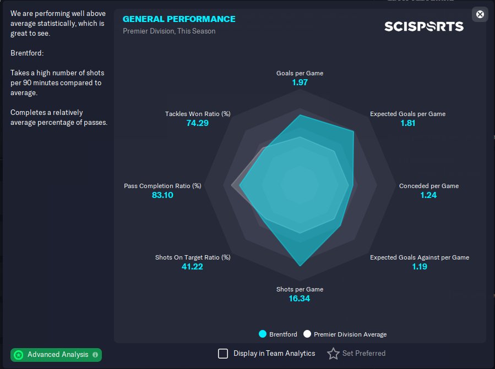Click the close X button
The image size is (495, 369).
click(480, 14)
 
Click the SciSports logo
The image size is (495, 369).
click(423, 26)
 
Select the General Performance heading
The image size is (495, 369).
click(179, 19)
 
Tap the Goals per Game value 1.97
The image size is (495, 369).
click(300, 82)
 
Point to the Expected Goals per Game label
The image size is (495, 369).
click(407, 114)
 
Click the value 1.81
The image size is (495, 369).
click(407, 123)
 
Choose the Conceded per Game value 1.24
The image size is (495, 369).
click(428, 195)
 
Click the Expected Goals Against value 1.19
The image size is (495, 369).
click(420, 267)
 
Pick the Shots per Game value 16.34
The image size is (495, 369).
click(300, 299)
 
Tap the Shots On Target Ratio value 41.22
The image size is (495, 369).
click(193, 267)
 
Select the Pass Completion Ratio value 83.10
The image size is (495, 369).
click(162, 195)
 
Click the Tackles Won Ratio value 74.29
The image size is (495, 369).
click(198, 123)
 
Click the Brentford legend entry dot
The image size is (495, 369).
click(263, 334)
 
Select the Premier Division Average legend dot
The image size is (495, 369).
click(307, 334)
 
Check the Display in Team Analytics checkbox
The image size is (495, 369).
click(223, 354)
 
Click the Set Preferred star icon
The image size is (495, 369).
click(333, 354)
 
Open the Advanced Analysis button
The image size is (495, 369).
click(56, 355)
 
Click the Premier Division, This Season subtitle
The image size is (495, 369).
click(169, 31)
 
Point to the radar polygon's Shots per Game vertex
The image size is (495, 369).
click(300, 266)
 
